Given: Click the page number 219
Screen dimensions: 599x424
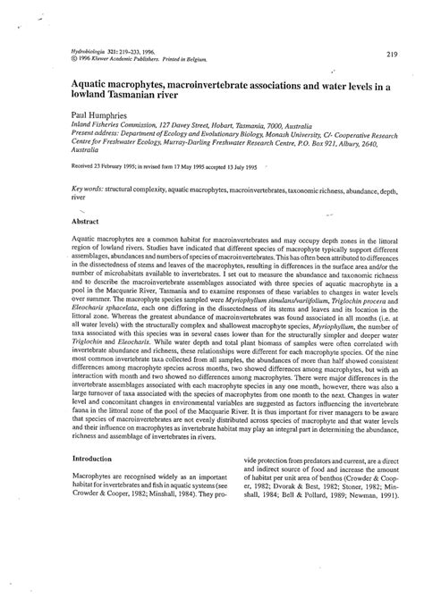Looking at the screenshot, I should tap(393, 55).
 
